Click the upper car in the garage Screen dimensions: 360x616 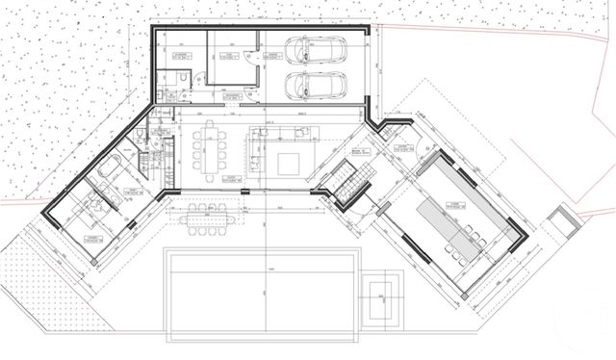pyautogui.click(x=318, y=50)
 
